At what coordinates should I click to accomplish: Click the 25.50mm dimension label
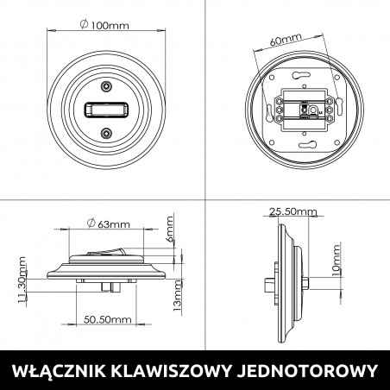tap(292, 211)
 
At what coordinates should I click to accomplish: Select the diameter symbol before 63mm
tap(92, 225)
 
